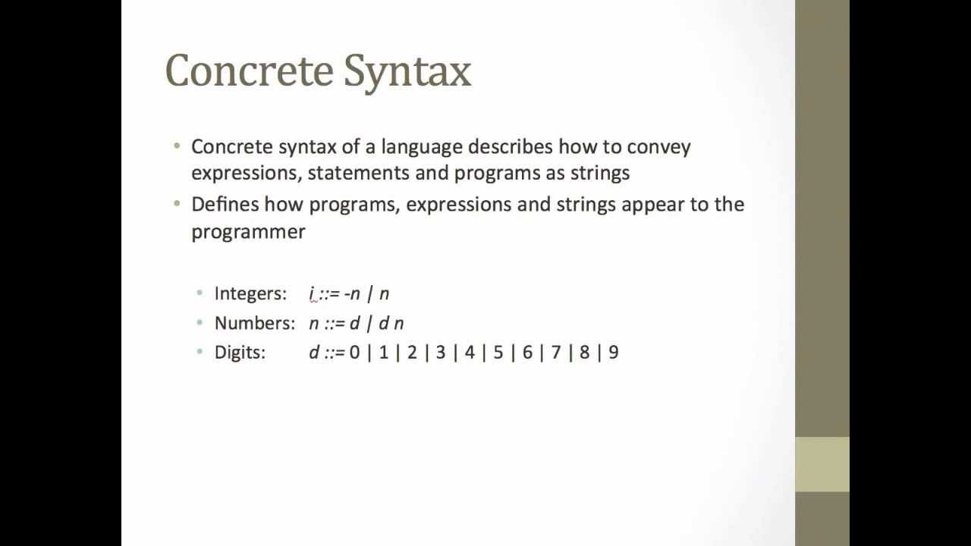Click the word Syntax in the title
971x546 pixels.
407,71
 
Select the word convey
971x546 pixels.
658,146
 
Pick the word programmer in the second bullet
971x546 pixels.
248,231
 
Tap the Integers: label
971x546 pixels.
250,293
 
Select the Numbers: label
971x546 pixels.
255,323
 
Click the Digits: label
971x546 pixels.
240,353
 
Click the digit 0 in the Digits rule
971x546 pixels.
354,353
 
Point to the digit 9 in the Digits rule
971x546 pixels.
613,353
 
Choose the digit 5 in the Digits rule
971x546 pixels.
498,353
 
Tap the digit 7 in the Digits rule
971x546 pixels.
556,353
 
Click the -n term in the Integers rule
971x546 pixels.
352,293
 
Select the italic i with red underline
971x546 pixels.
312,293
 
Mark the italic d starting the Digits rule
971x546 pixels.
313,353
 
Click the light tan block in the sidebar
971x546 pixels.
822,464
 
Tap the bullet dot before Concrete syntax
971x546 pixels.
177,146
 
